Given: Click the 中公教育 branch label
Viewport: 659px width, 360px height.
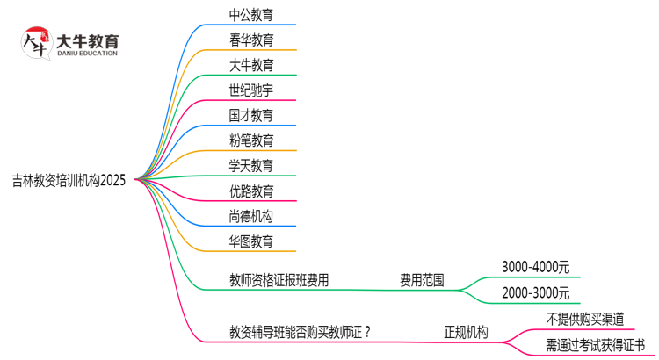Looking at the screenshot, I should [x=250, y=15].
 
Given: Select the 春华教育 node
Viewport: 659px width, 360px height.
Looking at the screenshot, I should [x=250, y=40].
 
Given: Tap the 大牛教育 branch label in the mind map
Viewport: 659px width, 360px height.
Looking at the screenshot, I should [x=250, y=65].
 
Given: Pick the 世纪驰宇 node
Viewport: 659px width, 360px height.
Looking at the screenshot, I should [x=250, y=90].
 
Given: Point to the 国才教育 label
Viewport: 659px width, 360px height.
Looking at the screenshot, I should [x=250, y=115].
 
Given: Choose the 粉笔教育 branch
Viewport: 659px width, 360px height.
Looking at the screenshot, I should [x=250, y=140].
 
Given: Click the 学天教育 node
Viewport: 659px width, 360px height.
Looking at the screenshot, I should [x=250, y=165].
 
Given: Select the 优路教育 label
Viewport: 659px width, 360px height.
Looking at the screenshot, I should [x=250, y=191].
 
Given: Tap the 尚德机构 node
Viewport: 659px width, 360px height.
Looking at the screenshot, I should [x=250, y=216].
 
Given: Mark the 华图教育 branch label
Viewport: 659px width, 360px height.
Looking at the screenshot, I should [x=250, y=241].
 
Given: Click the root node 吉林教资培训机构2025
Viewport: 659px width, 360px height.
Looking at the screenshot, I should [x=69, y=180].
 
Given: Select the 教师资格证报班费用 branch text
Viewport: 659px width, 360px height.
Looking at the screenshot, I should [x=279, y=281].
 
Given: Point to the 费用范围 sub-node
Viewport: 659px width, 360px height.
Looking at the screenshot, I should [x=422, y=281].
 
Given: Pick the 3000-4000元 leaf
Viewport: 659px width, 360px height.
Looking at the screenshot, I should [x=535, y=266].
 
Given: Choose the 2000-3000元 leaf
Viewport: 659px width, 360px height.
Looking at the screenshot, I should [x=535, y=292].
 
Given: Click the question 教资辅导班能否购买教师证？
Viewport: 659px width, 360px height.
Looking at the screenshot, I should [x=299, y=332].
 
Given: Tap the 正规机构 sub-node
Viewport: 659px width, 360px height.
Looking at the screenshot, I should [x=466, y=332].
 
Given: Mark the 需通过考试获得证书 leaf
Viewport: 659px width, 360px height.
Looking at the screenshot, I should [x=595, y=345].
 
